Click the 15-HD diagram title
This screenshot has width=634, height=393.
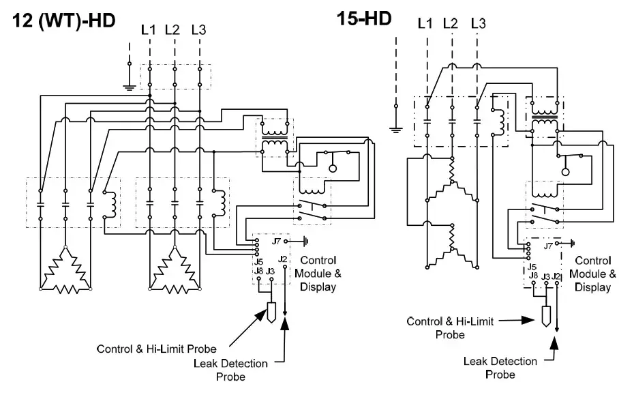pyautogui.click(x=364, y=18)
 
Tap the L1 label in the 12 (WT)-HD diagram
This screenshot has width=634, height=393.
pyautogui.click(x=148, y=29)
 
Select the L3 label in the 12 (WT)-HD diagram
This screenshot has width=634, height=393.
pyautogui.click(x=199, y=29)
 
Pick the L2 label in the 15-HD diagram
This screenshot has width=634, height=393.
pyautogui.click(x=450, y=24)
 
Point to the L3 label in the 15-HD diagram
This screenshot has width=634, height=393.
pyautogui.click(x=479, y=24)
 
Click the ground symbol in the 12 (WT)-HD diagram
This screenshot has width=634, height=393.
pyautogui.click(x=128, y=85)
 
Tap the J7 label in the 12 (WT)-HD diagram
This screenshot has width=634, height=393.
pyautogui.click(x=276, y=241)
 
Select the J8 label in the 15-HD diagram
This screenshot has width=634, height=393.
pyautogui.click(x=533, y=275)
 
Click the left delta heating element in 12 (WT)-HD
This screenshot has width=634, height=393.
pyautogui.click(x=65, y=273)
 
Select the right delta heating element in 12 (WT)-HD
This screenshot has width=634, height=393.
pyautogui.click(x=175, y=273)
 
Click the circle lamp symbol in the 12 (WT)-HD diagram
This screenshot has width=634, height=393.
pyautogui.click(x=333, y=168)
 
